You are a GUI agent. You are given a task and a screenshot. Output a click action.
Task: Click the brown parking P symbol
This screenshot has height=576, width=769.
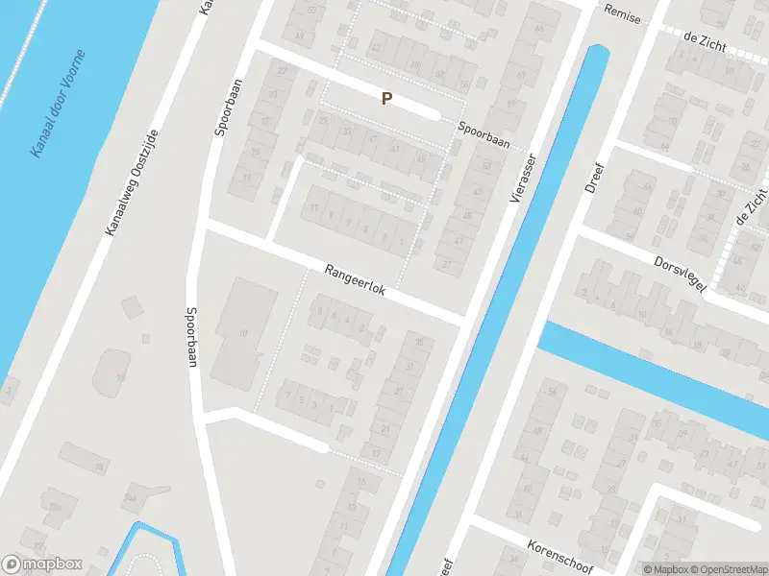click(x=387, y=98)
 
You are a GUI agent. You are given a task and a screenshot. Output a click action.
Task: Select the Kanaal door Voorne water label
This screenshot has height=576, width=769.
click(x=57, y=104)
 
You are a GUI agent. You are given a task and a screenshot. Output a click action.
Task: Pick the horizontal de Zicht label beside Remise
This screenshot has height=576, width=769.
click(x=704, y=37)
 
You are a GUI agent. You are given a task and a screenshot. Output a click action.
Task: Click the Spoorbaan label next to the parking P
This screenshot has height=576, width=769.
click(x=483, y=133)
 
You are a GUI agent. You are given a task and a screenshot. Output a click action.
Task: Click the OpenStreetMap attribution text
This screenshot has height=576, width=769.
click(x=727, y=569)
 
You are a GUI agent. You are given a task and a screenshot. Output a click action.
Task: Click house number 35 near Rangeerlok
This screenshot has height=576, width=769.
click(x=418, y=343)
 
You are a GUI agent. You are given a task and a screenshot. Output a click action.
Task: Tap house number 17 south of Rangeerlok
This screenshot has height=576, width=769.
click(x=377, y=453)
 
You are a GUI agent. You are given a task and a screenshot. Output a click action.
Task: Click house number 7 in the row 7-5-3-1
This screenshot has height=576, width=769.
click(x=285, y=396)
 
